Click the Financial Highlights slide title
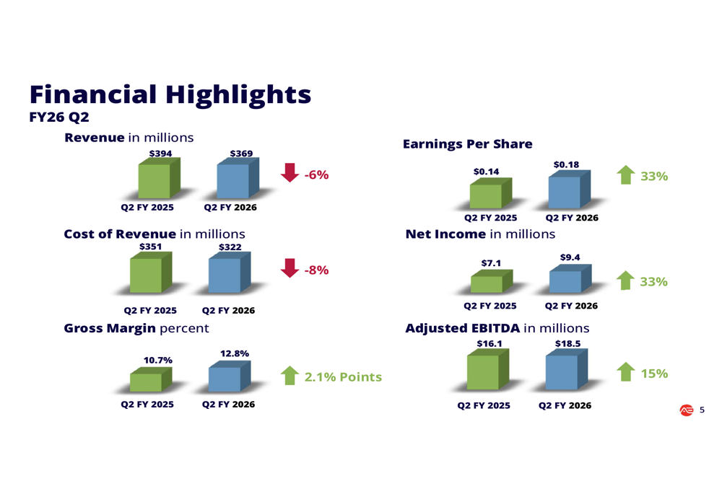click(x=170, y=94)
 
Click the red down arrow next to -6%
click(x=290, y=173)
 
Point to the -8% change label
click(x=316, y=270)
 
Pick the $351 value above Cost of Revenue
click(x=149, y=247)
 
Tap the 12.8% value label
click(x=234, y=353)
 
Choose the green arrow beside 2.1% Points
click(x=290, y=376)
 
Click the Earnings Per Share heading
click(x=467, y=144)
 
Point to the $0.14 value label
click(x=485, y=172)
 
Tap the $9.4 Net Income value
click(x=570, y=257)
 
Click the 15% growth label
click(x=654, y=374)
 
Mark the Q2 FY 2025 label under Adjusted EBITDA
click(x=483, y=405)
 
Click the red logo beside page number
click(x=685, y=410)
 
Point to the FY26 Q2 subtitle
click(x=59, y=117)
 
